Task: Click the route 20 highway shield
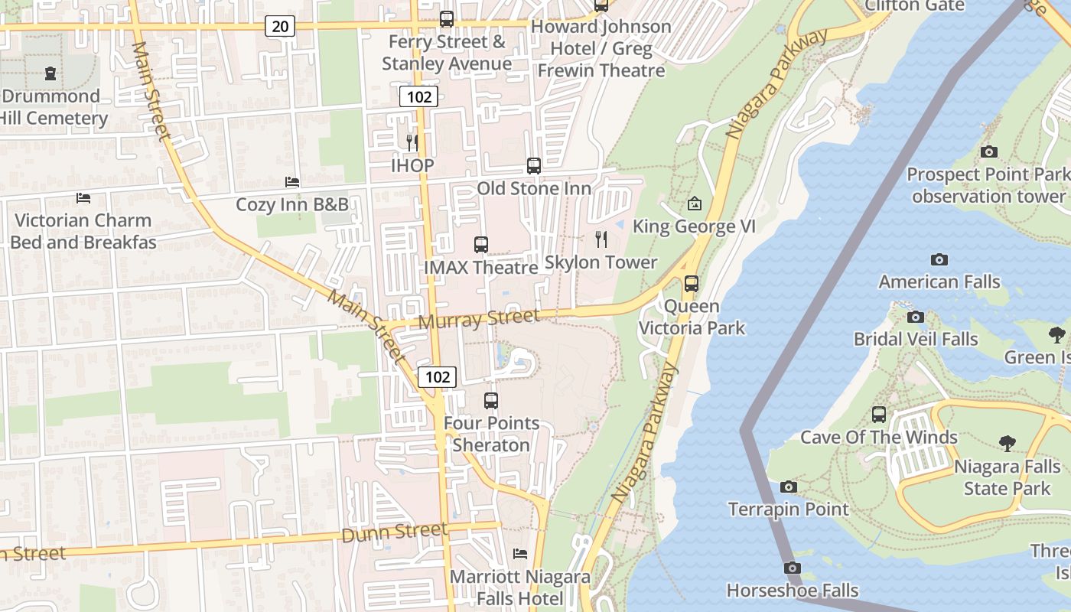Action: coord(281,27)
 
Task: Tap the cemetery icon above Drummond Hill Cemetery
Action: coord(50,73)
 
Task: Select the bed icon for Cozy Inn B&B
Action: coord(292,181)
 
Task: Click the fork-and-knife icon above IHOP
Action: coord(412,142)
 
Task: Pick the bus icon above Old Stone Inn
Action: coord(534,165)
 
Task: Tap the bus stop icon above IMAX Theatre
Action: coord(480,245)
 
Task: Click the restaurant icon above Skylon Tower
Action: coord(601,239)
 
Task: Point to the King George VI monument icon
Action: coord(695,203)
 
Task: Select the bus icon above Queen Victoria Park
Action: coord(692,284)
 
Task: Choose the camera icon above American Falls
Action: coord(939,259)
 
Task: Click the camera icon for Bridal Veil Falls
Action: coord(916,317)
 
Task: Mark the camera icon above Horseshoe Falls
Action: coord(793,568)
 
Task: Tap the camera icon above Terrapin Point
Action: coord(789,487)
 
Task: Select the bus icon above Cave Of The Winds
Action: coord(879,415)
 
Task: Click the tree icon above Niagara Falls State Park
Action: coord(1008,443)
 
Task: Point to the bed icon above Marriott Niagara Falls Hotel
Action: coord(520,553)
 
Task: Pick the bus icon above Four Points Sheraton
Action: coord(491,400)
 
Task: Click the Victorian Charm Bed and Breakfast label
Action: coord(83,231)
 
